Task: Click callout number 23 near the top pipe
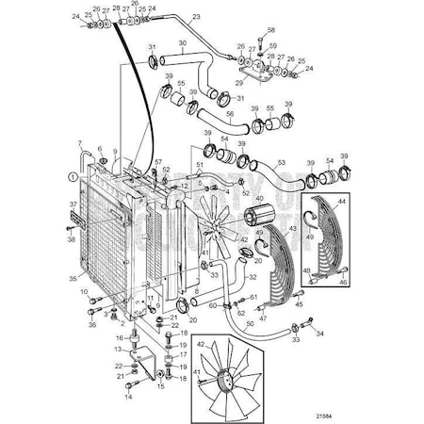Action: tap(196, 17)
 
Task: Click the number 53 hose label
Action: tap(280, 163)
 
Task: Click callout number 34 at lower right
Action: tap(320, 334)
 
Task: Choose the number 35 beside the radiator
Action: tap(72, 279)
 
